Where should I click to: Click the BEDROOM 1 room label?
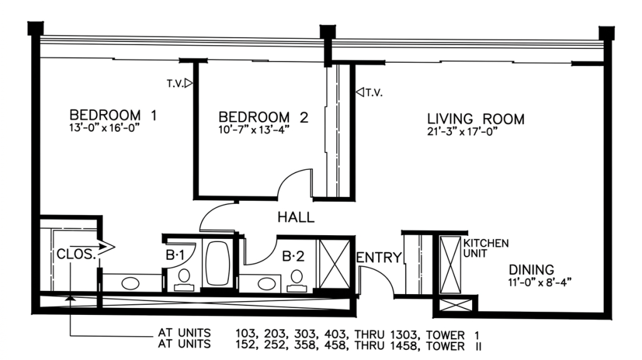tap(113, 115)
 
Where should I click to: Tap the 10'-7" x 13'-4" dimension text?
tap(254, 130)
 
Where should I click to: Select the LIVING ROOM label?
tap(476, 119)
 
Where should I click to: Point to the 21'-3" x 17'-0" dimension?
tap(462, 132)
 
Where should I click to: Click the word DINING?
tap(532, 270)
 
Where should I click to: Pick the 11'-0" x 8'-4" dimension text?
tap(540, 282)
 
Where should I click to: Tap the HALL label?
tap(296, 217)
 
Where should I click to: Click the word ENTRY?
tap(379, 258)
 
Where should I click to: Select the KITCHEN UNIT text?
tap(486, 248)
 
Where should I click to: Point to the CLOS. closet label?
tap(76, 255)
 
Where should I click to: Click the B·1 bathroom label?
tap(175, 255)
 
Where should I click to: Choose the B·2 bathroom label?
tap(293, 257)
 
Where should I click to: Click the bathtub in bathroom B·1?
tap(218, 263)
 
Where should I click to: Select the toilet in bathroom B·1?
tap(184, 280)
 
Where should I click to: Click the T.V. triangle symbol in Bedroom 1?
tap(188, 83)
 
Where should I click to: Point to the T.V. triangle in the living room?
tap(360, 92)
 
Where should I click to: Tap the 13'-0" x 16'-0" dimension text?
tap(105, 128)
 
